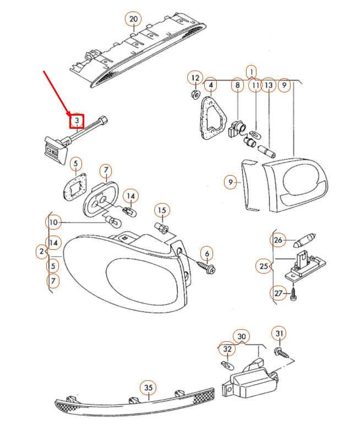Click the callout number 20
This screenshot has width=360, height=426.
(x=133, y=19)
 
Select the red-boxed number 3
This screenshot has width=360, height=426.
(x=77, y=120)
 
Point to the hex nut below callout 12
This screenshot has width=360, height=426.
(x=194, y=94)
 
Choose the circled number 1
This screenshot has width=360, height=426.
(x=251, y=72)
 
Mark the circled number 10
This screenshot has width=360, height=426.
(x=53, y=222)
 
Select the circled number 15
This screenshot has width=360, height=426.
(x=161, y=210)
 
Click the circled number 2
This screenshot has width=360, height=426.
(x=41, y=252)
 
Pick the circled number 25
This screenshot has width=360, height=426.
(x=264, y=266)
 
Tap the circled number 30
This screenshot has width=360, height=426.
(x=241, y=336)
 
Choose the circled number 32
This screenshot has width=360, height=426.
(x=227, y=348)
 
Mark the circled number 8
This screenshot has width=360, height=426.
(x=237, y=85)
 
